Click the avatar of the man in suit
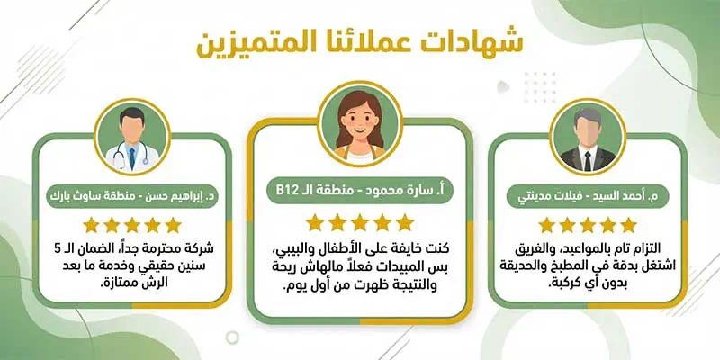coord(589,138)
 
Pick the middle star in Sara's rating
coord(360,221)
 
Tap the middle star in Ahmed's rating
coord(588,225)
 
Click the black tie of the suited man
coord(589,159)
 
